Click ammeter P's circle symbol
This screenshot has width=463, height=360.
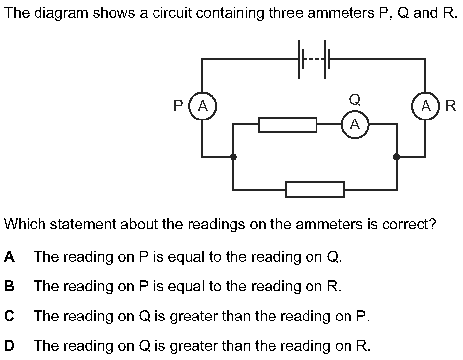(202, 106)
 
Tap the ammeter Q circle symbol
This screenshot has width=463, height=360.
(355, 124)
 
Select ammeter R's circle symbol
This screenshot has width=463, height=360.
(425, 106)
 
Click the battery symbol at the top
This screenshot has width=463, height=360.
(312, 59)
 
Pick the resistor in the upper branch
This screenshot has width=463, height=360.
(288, 124)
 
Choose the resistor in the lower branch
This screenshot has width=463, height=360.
(314, 189)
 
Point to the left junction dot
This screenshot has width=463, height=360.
(233, 157)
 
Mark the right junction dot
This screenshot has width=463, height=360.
(396, 157)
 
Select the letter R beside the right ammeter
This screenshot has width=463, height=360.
(450, 106)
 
